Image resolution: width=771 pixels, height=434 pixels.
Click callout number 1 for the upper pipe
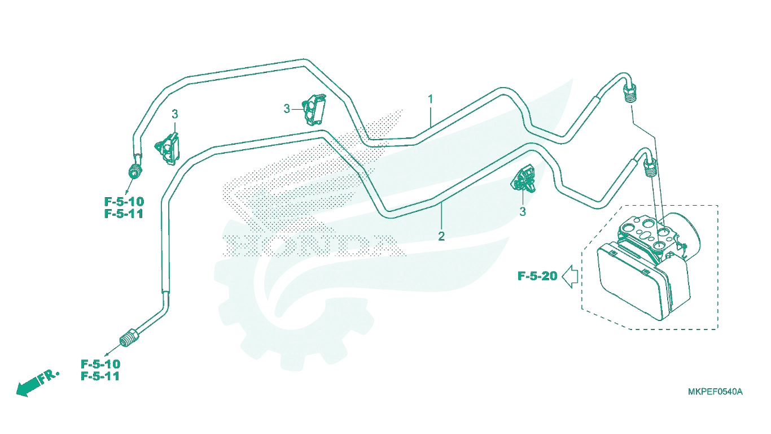click(x=430, y=99)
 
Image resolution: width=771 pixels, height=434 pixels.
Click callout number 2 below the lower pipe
click(x=441, y=236)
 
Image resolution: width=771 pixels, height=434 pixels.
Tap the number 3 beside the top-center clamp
click(x=287, y=109)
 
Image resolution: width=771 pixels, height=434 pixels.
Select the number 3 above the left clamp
click(x=175, y=114)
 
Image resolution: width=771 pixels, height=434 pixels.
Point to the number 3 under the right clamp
click(x=523, y=212)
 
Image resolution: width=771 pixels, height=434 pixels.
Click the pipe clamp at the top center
click(x=314, y=109)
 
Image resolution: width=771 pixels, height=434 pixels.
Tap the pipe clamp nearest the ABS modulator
click(x=524, y=179)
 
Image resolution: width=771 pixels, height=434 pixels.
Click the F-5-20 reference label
click(x=537, y=276)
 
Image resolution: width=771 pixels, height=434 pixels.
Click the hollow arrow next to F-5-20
click(x=570, y=276)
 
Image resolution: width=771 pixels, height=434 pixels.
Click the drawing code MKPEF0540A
click(x=715, y=392)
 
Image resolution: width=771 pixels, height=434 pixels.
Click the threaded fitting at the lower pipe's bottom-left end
click(x=129, y=338)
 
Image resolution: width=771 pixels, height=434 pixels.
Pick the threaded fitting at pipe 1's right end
click(x=630, y=94)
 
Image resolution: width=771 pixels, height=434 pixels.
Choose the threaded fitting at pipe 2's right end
click(x=650, y=168)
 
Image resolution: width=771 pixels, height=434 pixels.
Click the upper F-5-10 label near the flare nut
click(x=124, y=201)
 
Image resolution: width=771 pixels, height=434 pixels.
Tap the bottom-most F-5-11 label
click(x=100, y=376)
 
